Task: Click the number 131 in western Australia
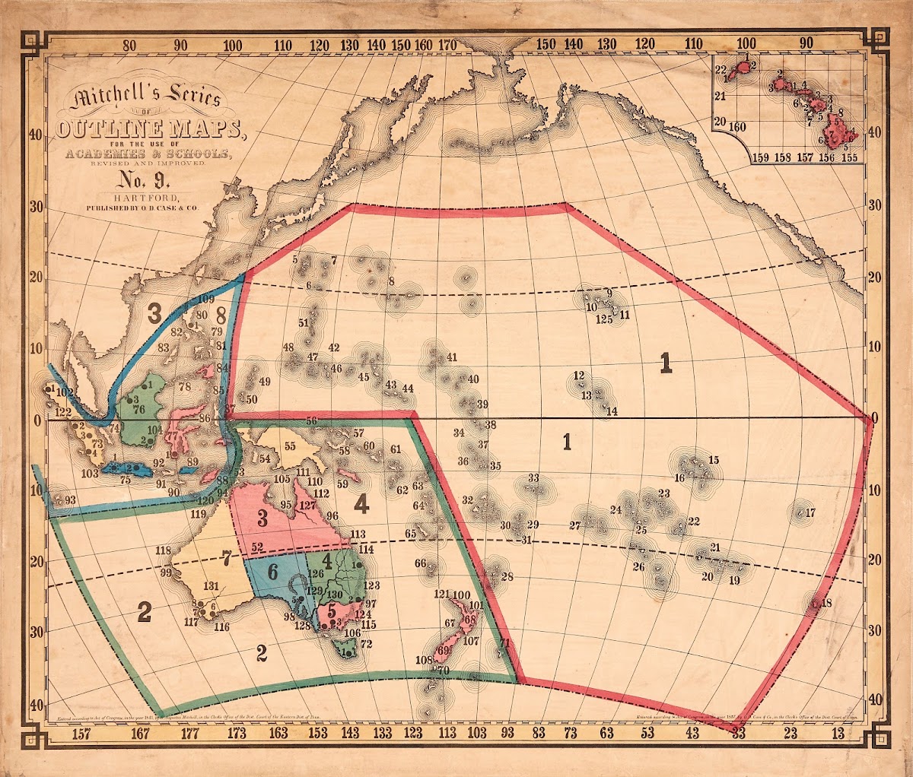(212, 586)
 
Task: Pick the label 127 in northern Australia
(307, 505)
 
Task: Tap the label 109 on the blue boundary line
(205, 300)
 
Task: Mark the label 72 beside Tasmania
(366, 645)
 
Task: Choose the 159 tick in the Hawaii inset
(760, 158)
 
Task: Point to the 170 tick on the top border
(447, 45)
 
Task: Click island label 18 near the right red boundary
(827, 603)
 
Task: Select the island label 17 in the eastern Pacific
(810, 513)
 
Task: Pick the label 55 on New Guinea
(289, 446)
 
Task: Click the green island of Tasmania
(348, 650)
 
